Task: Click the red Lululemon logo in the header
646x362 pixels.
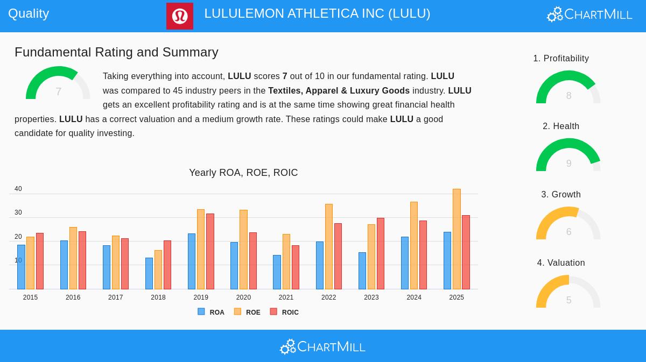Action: (x=179, y=16)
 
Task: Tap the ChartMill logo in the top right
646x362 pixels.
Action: (x=589, y=15)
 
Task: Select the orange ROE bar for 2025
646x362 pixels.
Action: (x=457, y=239)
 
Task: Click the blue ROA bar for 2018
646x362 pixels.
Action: (x=149, y=274)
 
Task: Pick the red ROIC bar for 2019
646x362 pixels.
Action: (x=210, y=252)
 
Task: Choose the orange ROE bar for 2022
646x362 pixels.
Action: (x=328, y=247)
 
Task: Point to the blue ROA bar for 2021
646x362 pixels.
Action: (x=277, y=272)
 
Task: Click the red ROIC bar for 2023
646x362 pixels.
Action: (x=381, y=254)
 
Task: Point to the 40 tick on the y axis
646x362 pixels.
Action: (x=18, y=189)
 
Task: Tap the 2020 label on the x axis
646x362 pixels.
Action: (x=243, y=297)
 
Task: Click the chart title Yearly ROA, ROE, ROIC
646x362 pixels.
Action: (x=243, y=173)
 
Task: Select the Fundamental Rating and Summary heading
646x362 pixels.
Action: (x=116, y=52)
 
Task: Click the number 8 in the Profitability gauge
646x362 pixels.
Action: (x=568, y=96)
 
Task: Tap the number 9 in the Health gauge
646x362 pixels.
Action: (x=568, y=164)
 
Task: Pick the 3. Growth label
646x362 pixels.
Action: (x=561, y=195)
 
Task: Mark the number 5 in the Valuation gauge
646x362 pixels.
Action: (x=568, y=300)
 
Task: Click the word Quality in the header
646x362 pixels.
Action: (x=29, y=13)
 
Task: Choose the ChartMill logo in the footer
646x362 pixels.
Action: (x=322, y=347)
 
